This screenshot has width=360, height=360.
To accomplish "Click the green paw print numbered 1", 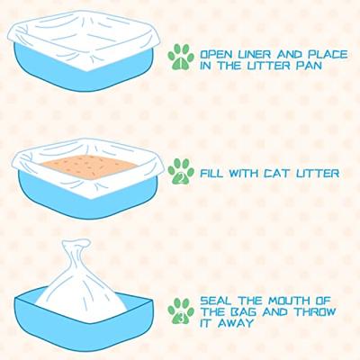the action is click(181, 57).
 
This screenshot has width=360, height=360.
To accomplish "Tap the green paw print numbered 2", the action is click(181, 171).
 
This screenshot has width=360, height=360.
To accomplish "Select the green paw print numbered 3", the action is click(181, 311).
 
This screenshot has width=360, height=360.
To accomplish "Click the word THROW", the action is click(314, 312).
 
